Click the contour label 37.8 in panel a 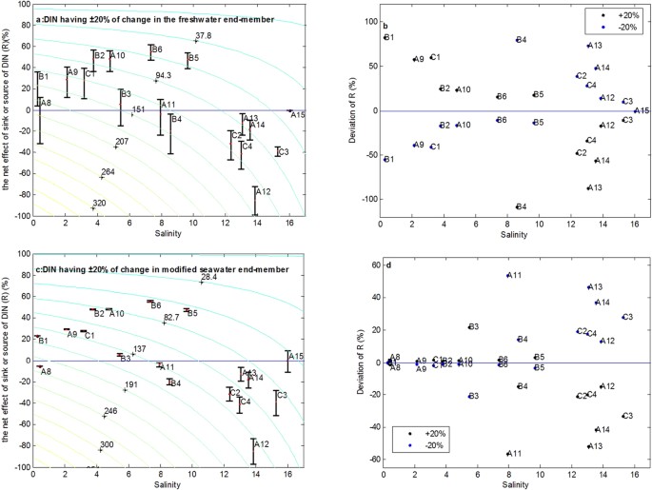point(204,36)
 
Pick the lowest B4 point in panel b point(517,206)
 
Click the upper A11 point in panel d point(508,275)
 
